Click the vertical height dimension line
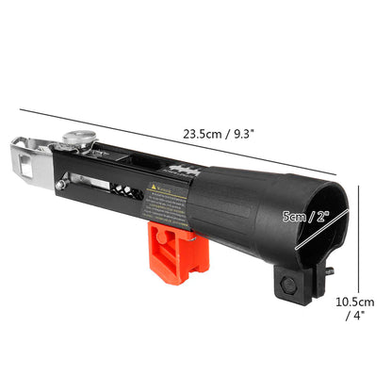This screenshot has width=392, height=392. [360, 236]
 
